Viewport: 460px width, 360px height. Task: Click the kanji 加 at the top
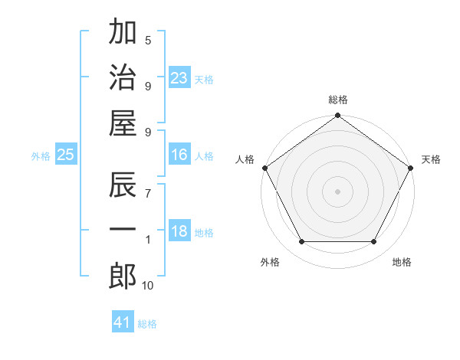pyautogui.click(x=123, y=33)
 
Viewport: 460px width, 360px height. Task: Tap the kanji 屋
pyautogui.click(x=123, y=123)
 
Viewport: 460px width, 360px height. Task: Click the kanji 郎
pyautogui.click(x=123, y=276)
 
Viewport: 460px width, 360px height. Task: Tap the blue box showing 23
pyautogui.click(x=179, y=78)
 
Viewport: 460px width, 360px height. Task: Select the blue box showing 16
pyautogui.click(x=179, y=155)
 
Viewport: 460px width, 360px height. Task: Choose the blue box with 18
pyautogui.click(x=179, y=232)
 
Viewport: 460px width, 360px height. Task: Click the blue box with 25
pyautogui.click(x=65, y=155)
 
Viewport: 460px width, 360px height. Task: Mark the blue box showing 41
pyautogui.click(x=123, y=322)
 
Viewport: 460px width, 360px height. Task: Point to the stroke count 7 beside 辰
pyautogui.click(x=148, y=194)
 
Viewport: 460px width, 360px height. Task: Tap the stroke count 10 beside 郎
pyautogui.click(x=148, y=285)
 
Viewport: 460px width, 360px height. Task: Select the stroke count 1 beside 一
pyautogui.click(x=148, y=240)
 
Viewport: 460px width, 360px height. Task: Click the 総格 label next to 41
pyautogui.click(x=147, y=324)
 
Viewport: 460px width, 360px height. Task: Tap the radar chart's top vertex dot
pyautogui.click(x=337, y=116)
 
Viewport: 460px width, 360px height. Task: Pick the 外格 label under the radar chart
pyautogui.click(x=270, y=262)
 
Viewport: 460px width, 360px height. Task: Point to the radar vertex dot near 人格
pyautogui.click(x=265, y=168)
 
